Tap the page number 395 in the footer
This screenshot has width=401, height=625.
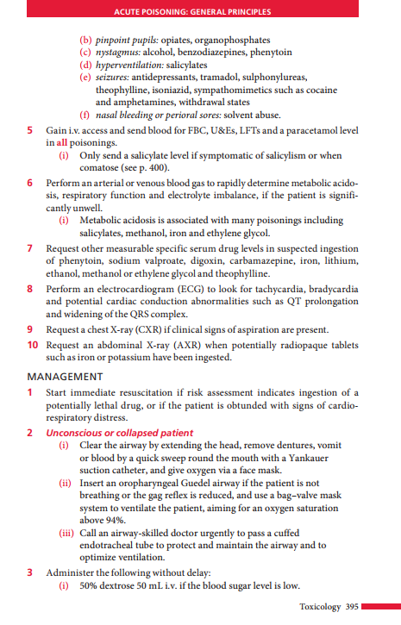[x=349, y=607]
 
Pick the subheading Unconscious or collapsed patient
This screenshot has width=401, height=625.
[x=120, y=432]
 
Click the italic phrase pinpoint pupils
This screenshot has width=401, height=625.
[x=122, y=40]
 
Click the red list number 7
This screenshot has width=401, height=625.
[x=31, y=247]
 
